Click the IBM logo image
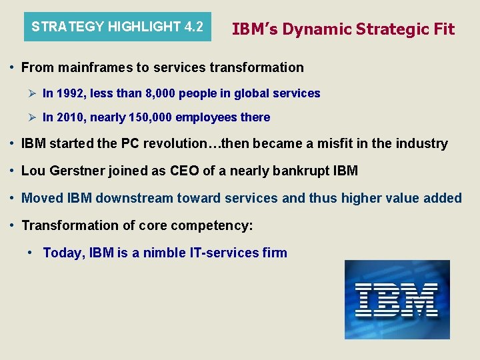pyautogui.click(x=397, y=299)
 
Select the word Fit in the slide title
pyautogui.click(x=442, y=29)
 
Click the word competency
pyautogui.click(x=211, y=225)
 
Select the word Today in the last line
pyautogui.click(x=63, y=253)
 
